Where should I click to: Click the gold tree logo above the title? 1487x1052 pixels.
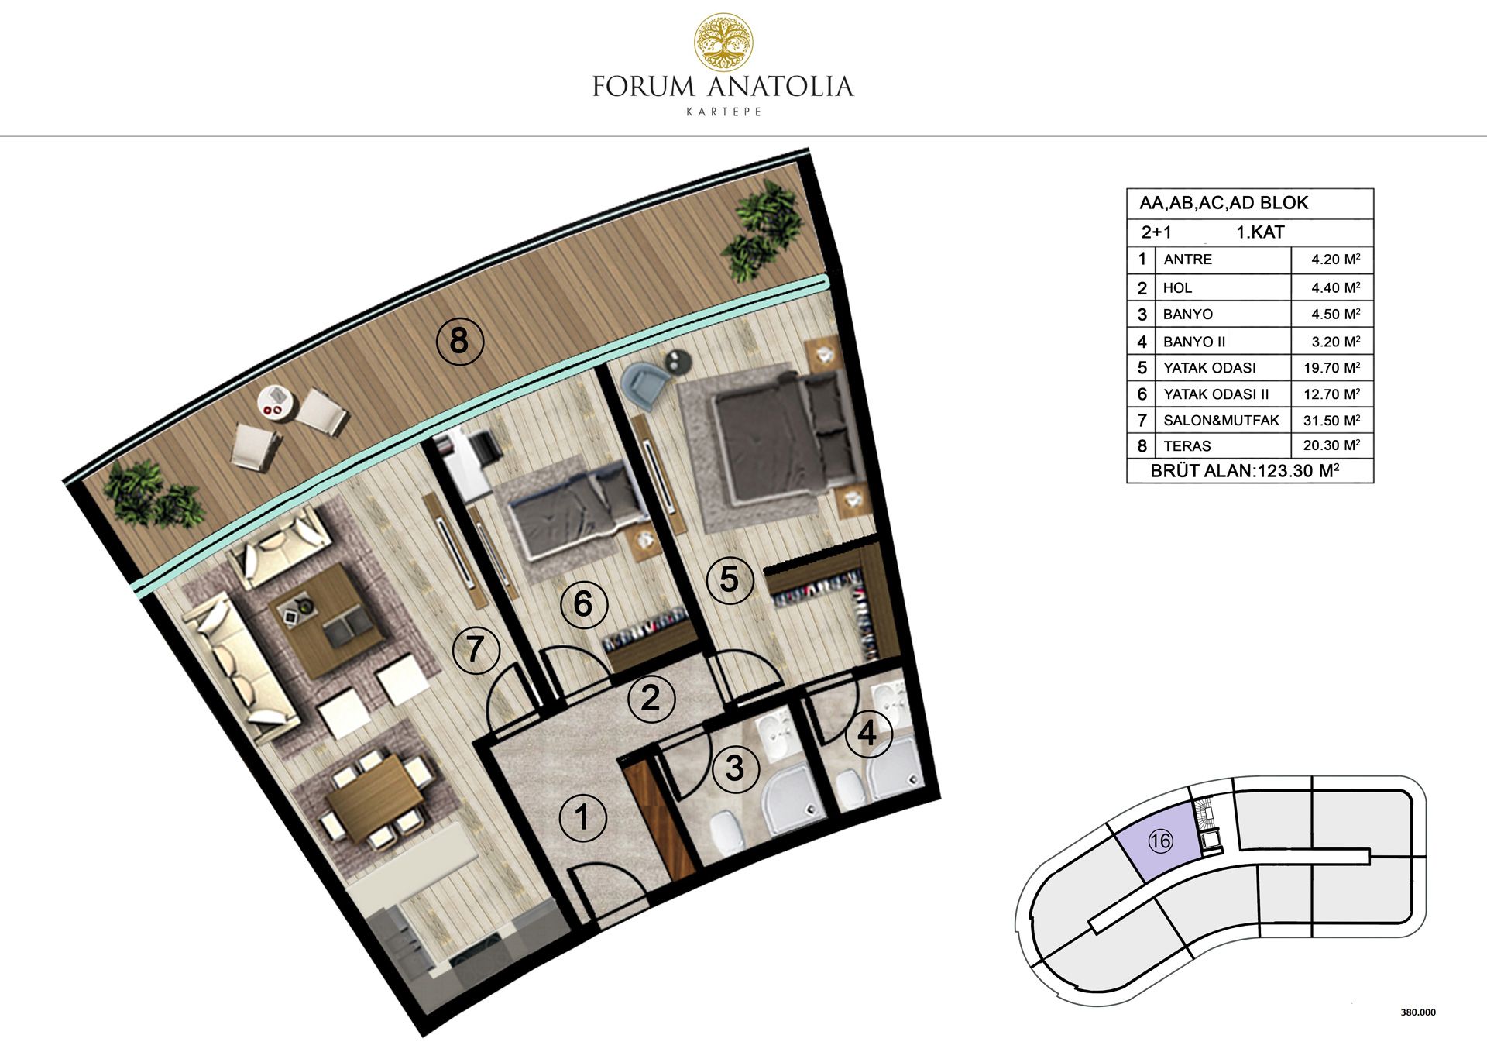(x=723, y=42)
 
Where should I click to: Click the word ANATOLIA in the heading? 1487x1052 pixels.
(x=780, y=86)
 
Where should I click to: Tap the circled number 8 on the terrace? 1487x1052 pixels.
(x=459, y=341)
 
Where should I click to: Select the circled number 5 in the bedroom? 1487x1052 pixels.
(x=729, y=579)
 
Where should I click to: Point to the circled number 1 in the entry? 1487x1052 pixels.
(x=582, y=817)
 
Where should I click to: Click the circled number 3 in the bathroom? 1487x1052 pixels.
(x=734, y=768)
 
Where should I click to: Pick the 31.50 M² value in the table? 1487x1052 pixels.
(x=1331, y=420)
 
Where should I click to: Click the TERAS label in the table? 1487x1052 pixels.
(x=1187, y=446)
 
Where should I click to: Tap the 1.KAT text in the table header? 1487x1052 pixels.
(x=1260, y=232)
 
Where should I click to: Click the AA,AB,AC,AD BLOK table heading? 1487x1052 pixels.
(x=1224, y=203)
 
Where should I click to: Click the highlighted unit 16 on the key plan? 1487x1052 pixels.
(x=1160, y=841)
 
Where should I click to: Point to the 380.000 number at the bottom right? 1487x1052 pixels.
(x=1418, y=1012)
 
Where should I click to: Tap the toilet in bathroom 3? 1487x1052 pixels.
(x=726, y=832)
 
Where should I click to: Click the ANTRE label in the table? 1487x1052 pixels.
(x=1187, y=260)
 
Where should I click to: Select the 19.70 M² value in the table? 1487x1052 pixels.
(x=1331, y=367)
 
